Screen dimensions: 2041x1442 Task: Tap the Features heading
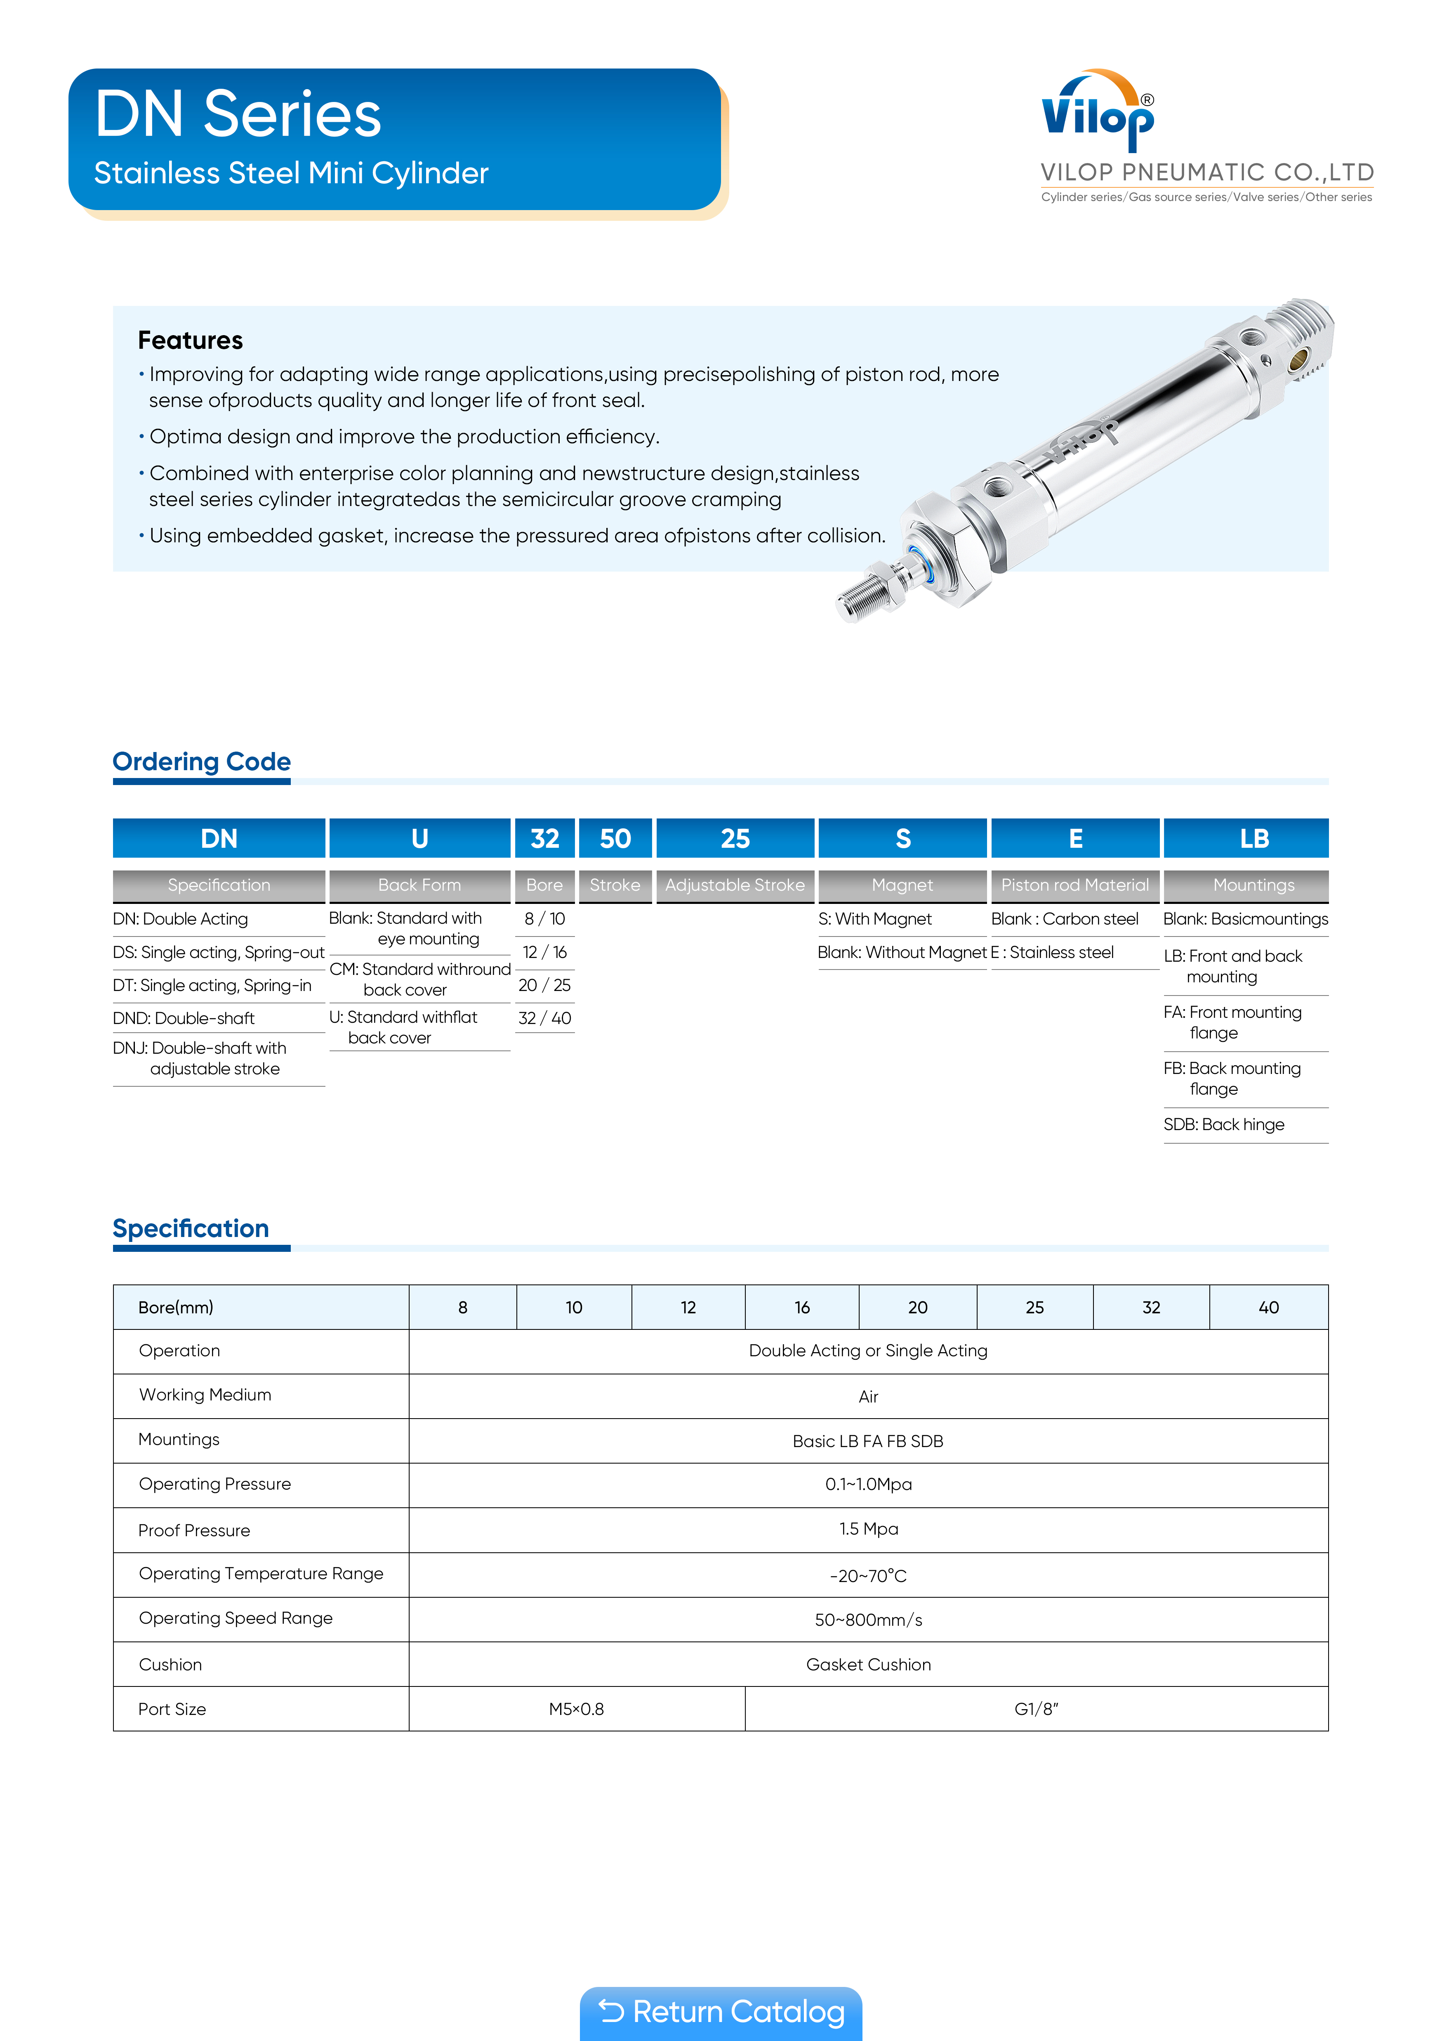tap(190, 341)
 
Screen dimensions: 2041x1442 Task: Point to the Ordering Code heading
tap(202, 762)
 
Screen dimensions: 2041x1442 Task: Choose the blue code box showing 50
tap(615, 838)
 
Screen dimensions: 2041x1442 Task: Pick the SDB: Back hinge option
tap(1223, 1124)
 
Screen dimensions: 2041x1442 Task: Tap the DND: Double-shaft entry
tap(184, 1018)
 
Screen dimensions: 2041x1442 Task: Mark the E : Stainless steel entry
tap(1053, 952)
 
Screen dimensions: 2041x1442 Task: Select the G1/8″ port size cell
tap(1036, 1708)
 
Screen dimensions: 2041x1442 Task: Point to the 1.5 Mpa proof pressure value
tap(868, 1529)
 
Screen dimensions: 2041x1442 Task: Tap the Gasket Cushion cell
tap(868, 1664)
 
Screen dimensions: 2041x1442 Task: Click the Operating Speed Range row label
tap(236, 1618)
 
